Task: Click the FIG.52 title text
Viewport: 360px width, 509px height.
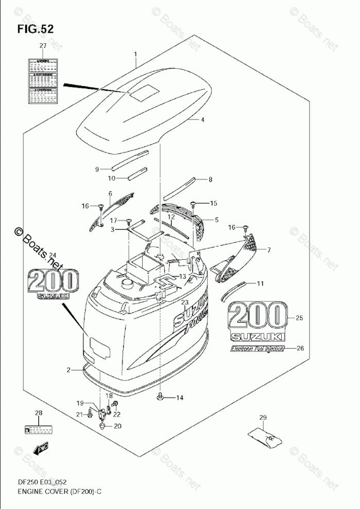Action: [x=35, y=29]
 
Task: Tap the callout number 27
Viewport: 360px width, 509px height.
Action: [x=43, y=47]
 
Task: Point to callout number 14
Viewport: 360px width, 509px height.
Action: [x=180, y=398]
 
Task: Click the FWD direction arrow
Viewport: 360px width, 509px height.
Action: [x=41, y=450]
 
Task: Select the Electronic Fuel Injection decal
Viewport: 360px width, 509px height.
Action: [x=257, y=349]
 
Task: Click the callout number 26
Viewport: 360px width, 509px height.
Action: [x=301, y=348]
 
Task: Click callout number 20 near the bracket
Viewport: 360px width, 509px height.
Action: [x=117, y=426]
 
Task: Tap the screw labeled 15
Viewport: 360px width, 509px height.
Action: [x=195, y=203]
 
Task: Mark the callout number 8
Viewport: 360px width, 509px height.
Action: [x=210, y=180]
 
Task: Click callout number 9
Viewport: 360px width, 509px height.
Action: [x=96, y=169]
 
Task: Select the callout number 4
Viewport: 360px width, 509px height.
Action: [x=202, y=120]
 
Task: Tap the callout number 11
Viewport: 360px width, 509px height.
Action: [x=261, y=283]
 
